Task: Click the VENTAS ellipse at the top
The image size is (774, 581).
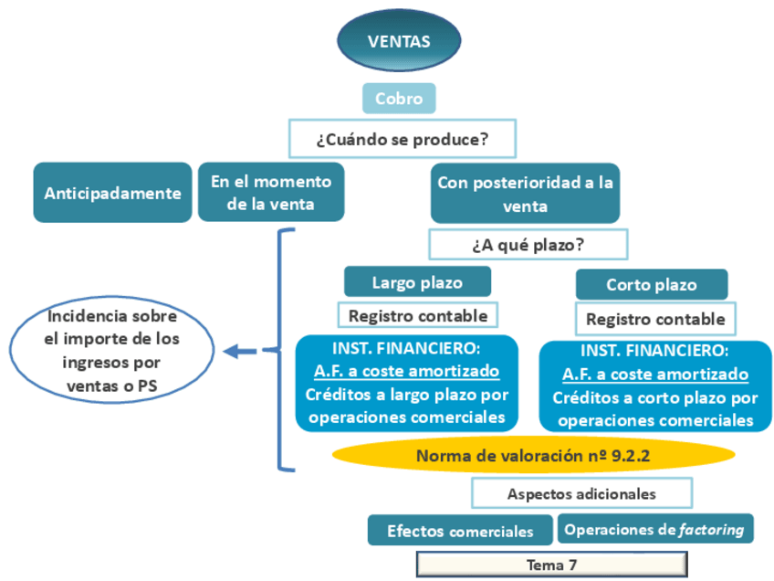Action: point(399,41)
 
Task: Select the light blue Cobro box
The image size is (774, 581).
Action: point(399,99)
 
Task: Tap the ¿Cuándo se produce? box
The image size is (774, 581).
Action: point(402,140)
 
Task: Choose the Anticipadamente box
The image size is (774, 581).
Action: point(112,193)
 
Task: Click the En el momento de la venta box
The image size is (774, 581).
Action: point(271,193)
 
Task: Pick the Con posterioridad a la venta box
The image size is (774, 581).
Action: point(525,193)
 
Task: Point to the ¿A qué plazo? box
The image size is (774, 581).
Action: point(528,245)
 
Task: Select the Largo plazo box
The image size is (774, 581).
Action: point(417,282)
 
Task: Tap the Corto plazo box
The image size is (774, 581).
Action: point(652,285)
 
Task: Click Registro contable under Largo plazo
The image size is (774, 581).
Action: point(418,316)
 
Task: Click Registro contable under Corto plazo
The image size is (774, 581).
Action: point(655,319)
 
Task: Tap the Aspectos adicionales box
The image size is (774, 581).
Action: point(581,493)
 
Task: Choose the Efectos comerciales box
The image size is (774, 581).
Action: point(460,531)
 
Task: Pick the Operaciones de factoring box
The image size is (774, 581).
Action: point(654,529)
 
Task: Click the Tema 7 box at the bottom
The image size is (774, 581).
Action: point(551,565)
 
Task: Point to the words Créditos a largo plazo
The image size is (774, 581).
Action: point(407,395)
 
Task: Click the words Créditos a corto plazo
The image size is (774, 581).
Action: point(655,398)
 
